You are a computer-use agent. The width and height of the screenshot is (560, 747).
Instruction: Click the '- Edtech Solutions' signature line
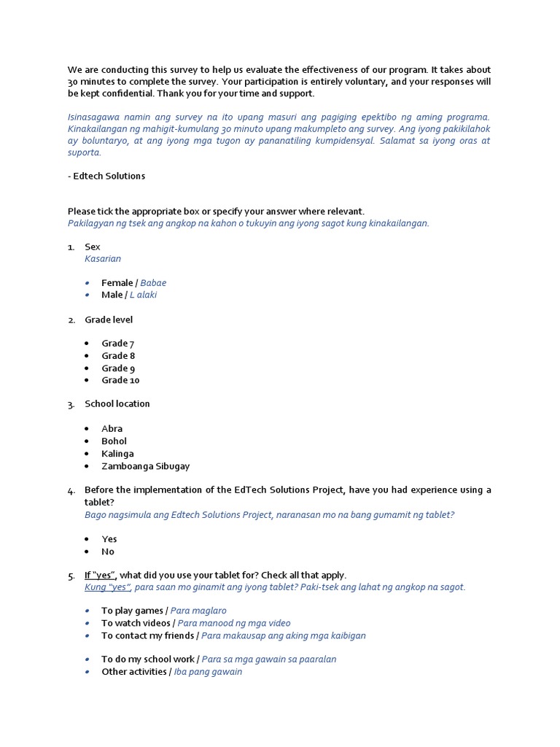(106, 176)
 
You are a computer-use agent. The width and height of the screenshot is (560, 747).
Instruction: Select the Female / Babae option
(133, 283)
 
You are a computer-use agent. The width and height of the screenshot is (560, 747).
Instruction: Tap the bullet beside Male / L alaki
(87, 295)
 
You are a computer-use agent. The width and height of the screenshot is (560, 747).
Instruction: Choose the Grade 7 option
(117, 344)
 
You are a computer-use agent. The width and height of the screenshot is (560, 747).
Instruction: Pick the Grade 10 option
(120, 380)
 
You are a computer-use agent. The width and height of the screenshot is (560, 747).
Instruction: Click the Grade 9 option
(117, 368)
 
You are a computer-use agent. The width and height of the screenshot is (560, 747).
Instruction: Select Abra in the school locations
(112, 429)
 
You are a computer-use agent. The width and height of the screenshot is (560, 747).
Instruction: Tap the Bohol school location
(114, 441)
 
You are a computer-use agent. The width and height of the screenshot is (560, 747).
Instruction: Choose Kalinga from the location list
(117, 454)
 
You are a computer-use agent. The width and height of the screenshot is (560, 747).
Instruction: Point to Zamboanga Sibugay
(145, 466)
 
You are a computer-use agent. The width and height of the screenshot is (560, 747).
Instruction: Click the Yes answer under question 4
(109, 539)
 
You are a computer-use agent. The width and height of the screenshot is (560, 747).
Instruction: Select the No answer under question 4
(108, 551)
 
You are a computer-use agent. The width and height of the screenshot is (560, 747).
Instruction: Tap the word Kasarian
(103, 259)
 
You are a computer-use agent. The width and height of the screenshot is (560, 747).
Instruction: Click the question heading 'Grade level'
(109, 320)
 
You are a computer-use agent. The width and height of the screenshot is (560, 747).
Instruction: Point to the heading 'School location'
(117, 404)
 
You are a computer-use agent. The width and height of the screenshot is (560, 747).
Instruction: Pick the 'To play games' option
(163, 611)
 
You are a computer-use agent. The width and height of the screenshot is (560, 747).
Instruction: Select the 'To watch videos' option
(195, 623)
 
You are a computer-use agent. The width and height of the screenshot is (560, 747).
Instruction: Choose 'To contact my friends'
(233, 635)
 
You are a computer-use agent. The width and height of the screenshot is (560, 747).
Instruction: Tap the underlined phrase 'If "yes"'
(100, 575)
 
